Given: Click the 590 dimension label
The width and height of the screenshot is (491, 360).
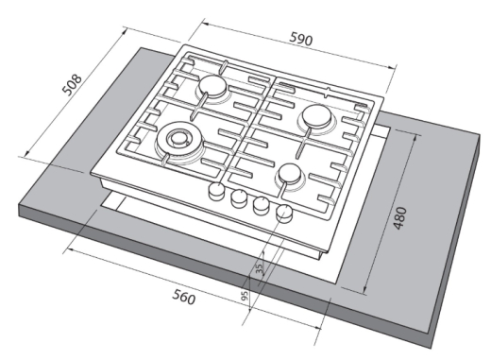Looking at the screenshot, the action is (x=301, y=39).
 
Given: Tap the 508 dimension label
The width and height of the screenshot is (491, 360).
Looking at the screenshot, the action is (x=73, y=84).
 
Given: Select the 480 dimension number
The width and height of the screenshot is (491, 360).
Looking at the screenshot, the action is (x=400, y=218).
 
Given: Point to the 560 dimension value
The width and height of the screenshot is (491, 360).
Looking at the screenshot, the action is (x=184, y=297).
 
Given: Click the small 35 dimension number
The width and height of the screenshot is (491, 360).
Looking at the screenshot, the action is (x=260, y=268).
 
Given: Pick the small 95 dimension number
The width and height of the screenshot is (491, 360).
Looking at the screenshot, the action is (x=245, y=296).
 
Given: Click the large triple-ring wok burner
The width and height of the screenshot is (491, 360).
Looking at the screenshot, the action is (x=178, y=140).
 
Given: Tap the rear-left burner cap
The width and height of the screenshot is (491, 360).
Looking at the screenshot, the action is (x=212, y=86).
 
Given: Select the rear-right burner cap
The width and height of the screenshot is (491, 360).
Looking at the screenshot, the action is (x=316, y=116).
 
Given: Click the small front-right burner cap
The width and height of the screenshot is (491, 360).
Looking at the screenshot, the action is (x=290, y=174).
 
